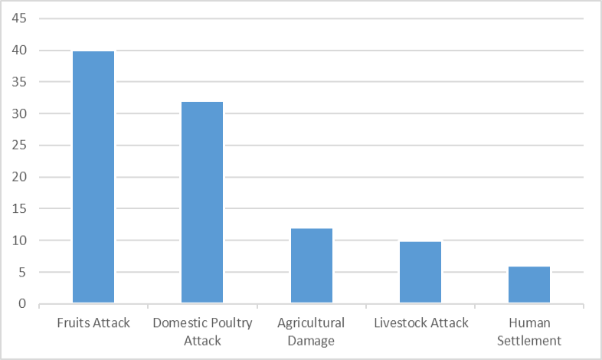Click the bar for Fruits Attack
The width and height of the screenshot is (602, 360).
pyautogui.click(x=93, y=177)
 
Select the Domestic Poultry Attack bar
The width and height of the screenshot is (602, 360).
pyautogui.click(x=202, y=202)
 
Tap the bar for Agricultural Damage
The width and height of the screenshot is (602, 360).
pyautogui.click(x=312, y=266)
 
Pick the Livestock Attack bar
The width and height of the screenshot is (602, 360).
pyautogui.click(x=420, y=272)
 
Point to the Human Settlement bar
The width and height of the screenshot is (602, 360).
pyautogui.click(x=529, y=284)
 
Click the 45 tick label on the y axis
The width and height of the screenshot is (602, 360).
pyautogui.click(x=19, y=18)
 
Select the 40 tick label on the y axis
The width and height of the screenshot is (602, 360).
pyautogui.click(x=19, y=50)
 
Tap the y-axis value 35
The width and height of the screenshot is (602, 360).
pyautogui.click(x=19, y=82)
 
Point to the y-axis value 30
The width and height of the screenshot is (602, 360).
pyautogui.click(x=19, y=113)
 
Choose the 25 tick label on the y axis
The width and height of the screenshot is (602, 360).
pyautogui.click(x=19, y=145)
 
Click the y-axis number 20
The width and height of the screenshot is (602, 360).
pyautogui.click(x=19, y=177)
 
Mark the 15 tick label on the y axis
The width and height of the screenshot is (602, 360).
pyautogui.click(x=19, y=208)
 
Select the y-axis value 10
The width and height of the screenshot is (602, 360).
pyautogui.click(x=19, y=241)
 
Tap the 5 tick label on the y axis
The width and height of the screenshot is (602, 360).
pyautogui.click(x=23, y=272)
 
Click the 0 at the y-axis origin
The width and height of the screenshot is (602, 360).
pyautogui.click(x=23, y=303)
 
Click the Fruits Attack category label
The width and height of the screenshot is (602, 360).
pyautogui.click(x=93, y=322)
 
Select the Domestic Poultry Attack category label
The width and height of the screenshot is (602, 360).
pyautogui.click(x=202, y=332)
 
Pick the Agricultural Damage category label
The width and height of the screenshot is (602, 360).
pyautogui.click(x=311, y=332)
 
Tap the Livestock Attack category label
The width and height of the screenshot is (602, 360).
pyautogui.click(x=421, y=322)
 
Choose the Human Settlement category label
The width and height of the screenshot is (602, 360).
pyautogui.click(x=529, y=332)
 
